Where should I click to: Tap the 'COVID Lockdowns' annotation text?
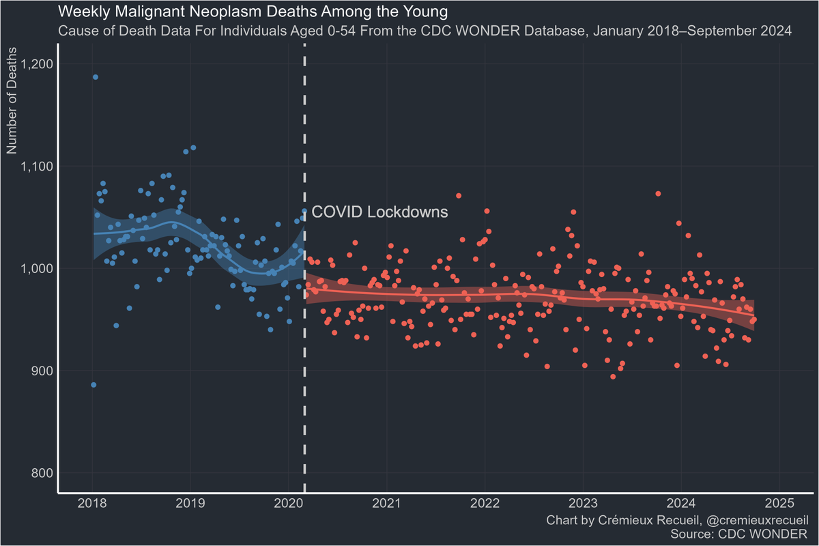pos(379,212)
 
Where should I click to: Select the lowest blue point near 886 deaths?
pos(94,385)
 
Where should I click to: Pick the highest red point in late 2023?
pos(658,194)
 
